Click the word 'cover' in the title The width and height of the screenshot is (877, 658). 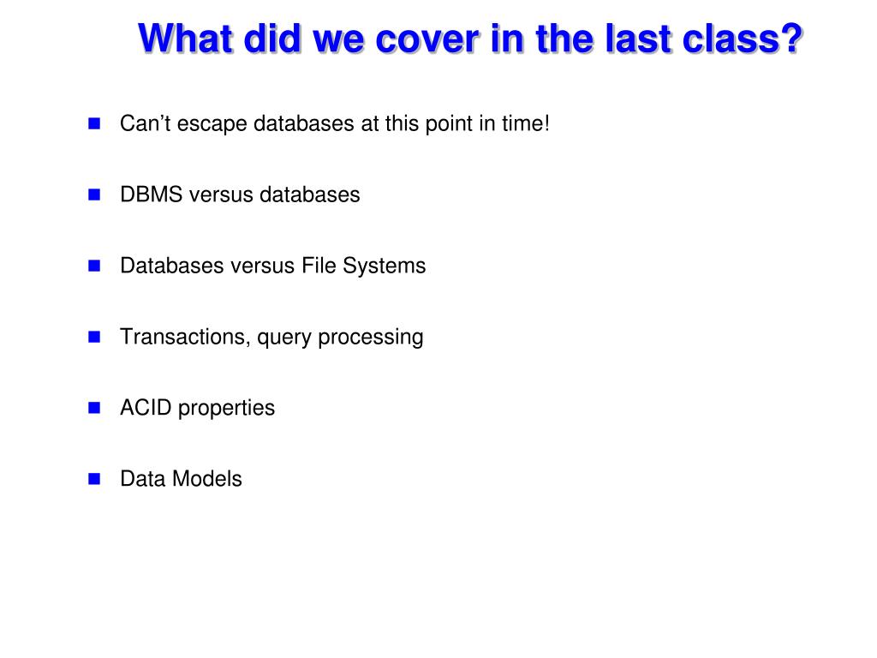click(x=427, y=39)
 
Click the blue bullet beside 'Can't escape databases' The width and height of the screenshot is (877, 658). click(x=94, y=123)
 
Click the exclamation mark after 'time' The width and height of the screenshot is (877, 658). click(x=546, y=123)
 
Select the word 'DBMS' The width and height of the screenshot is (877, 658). click(x=151, y=194)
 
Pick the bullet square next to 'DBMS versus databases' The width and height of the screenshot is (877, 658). click(x=94, y=194)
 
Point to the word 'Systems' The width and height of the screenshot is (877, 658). click(x=385, y=267)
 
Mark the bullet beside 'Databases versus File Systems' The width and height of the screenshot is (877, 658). click(x=94, y=266)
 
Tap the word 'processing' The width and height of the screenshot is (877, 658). click(x=370, y=338)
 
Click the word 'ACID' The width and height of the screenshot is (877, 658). click(x=146, y=408)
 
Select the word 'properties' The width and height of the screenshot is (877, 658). click(x=226, y=409)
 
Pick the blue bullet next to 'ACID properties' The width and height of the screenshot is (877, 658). click(x=94, y=407)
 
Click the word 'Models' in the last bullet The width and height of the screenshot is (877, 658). click(x=207, y=479)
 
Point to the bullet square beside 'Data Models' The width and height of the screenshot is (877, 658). click(x=94, y=478)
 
